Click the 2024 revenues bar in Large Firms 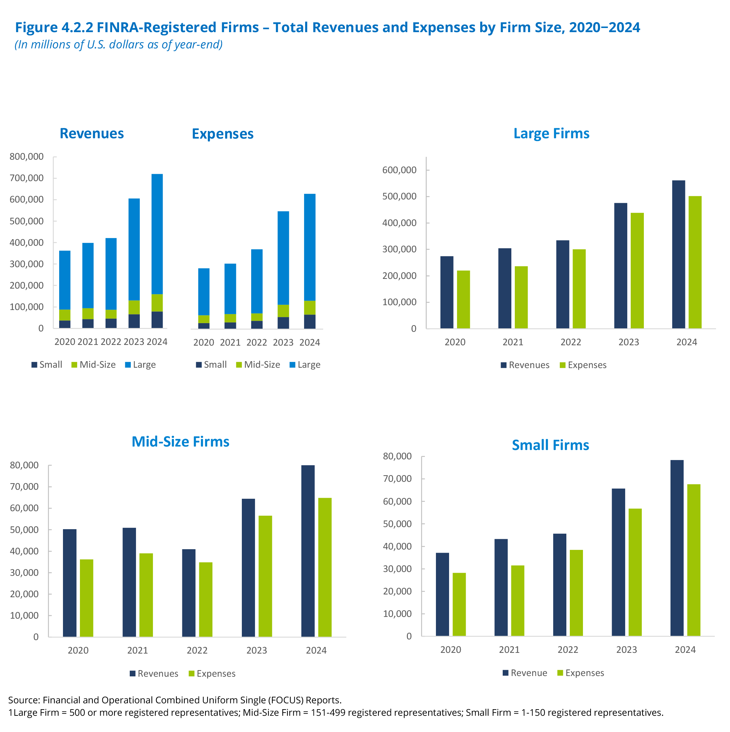678,254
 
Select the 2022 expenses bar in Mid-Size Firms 206,599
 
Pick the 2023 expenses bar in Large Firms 637,271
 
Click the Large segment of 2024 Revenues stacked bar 157,234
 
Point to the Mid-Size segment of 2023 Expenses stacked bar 283,311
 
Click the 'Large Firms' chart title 551,133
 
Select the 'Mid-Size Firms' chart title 180,441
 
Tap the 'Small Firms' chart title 550,445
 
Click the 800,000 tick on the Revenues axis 27,157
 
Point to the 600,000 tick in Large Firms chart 399,170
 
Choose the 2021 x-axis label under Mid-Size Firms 137,650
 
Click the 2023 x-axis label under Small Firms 626,649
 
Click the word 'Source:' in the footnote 24,700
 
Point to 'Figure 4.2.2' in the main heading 54,27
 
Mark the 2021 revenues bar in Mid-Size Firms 129,582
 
